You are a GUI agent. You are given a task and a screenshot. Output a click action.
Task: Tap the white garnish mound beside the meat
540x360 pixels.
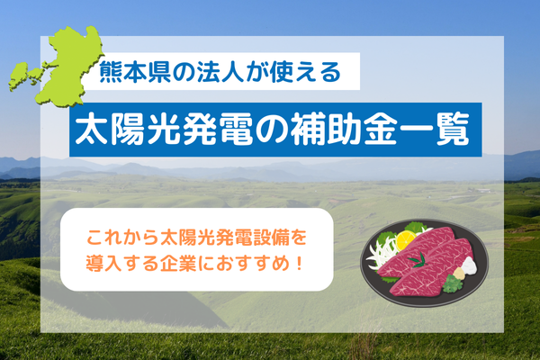(x=469, y=265)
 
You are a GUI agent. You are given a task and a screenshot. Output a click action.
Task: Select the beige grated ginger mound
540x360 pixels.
(x=458, y=274)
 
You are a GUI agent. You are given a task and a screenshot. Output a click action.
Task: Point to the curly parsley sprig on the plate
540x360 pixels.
(x=453, y=284)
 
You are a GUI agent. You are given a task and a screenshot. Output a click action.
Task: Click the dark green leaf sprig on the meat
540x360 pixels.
(x=418, y=260)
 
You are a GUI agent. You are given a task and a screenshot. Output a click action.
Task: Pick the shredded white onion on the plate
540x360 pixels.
(x=381, y=251)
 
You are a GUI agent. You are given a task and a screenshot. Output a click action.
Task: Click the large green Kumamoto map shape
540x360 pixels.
(x=69, y=66)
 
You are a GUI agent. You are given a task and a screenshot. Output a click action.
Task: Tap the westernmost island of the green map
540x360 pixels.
(x=18, y=75)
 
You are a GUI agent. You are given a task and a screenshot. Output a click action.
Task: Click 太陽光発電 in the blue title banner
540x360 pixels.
(x=165, y=130)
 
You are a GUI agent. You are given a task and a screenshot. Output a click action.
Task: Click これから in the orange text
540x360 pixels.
(x=122, y=238)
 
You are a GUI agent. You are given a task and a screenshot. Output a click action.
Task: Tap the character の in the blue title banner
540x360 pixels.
(x=273, y=130)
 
